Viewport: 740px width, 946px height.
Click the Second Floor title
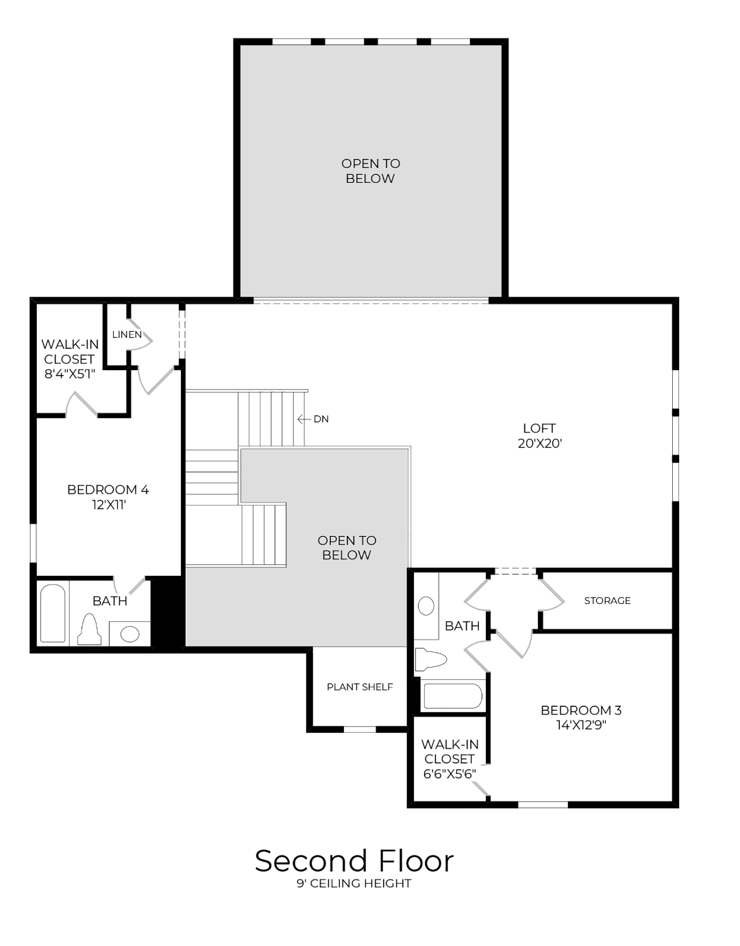354,861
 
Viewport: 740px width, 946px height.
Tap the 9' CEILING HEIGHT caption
354,884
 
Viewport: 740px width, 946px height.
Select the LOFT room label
539,428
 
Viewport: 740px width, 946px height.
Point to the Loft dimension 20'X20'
540,444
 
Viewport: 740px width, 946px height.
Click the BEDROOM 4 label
108,489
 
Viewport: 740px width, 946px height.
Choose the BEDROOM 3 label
581,710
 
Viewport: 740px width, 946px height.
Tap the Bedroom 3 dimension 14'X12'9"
581,725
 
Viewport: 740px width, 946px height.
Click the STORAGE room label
607,601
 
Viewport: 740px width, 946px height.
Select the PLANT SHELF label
360,687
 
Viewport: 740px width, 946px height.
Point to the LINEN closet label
127,335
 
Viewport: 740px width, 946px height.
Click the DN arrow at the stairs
304,419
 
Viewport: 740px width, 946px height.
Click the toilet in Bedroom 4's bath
89,630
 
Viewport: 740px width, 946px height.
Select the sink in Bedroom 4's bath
130,633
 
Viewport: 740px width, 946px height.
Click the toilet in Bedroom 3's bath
430,659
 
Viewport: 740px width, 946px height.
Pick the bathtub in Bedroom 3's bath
452,696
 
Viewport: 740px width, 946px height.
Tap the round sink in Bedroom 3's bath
426,605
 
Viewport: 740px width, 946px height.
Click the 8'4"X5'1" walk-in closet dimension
69,374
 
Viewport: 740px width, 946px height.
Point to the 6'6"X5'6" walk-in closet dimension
449,774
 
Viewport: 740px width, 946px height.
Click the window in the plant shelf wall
360,729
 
